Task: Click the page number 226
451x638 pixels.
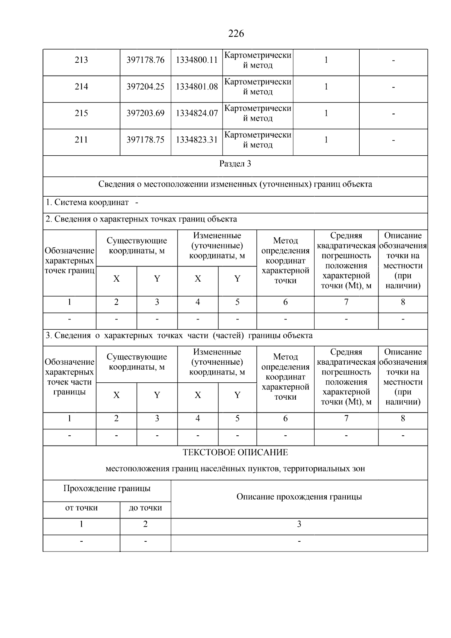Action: pos(236,34)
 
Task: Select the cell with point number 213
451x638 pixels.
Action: pos(81,60)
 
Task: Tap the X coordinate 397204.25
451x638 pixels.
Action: pos(145,87)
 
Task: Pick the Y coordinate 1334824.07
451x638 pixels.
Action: pos(197,113)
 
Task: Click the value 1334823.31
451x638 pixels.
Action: pos(197,140)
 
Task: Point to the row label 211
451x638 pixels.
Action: pos(81,140)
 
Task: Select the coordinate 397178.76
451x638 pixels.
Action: pos(145,60)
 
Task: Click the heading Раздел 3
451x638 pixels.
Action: pos(235,164)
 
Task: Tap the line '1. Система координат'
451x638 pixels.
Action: pos(87,203)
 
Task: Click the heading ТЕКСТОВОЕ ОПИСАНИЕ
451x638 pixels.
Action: pos(235,453)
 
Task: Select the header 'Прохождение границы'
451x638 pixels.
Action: pos(107,489)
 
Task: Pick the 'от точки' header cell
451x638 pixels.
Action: pos(81,508)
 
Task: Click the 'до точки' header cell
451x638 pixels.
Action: pos(145,508)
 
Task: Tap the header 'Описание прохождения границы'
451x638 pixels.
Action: pos(299,497)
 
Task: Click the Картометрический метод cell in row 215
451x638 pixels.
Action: pos(257,113)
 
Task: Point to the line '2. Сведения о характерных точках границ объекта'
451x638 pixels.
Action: pos(141,219)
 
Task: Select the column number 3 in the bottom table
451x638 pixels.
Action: pos(299,524)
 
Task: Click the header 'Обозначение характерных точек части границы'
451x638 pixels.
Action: pos(69,377)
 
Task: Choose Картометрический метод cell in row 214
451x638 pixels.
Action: pos(257,87)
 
